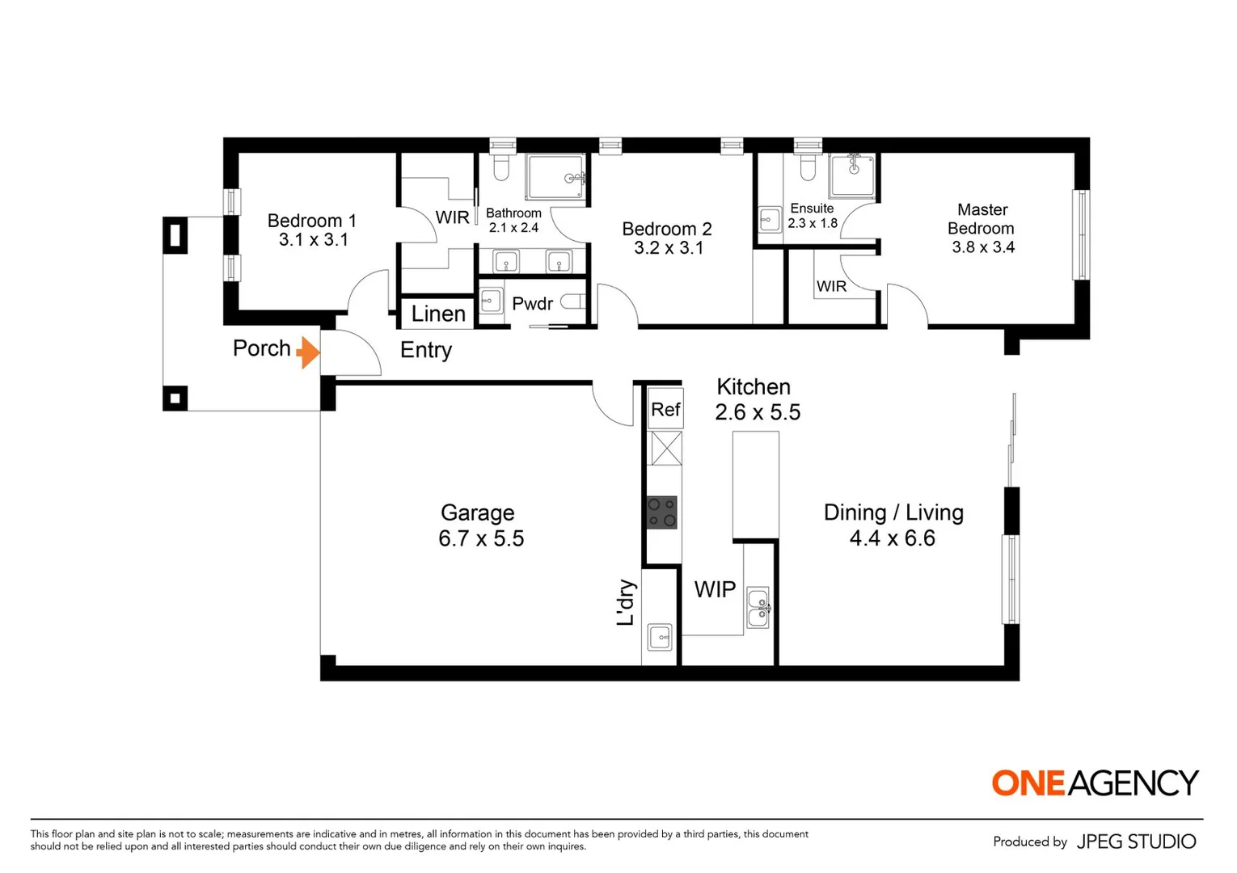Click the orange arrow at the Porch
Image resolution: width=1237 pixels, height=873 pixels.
308,352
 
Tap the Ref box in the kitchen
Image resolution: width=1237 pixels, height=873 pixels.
665,410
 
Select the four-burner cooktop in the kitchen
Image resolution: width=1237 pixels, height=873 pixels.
661,512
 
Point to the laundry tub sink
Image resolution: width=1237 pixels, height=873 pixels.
660,638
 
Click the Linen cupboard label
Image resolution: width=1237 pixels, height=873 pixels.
438,314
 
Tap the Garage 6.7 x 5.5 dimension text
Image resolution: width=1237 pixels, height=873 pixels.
481,538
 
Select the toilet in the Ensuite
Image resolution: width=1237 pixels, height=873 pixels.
808,168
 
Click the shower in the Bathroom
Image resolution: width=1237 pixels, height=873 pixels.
555,177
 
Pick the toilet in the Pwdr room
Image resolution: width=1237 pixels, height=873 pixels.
572,302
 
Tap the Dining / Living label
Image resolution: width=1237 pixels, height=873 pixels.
893,512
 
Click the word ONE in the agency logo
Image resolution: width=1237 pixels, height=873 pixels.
1028,782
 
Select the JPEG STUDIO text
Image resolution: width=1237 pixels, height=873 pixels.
1136,841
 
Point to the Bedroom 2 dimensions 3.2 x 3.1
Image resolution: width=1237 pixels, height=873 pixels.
669,248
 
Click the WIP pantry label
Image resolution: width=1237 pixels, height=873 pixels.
715,590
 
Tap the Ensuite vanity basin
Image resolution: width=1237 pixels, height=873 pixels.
770,220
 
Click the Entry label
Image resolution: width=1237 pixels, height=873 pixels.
426,350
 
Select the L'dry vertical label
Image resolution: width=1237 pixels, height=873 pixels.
625,603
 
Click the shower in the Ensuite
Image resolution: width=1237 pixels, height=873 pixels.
853,175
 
